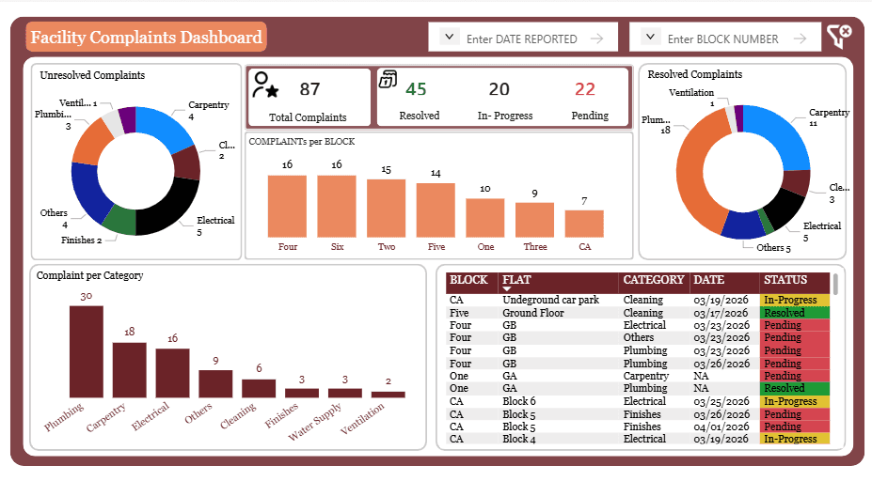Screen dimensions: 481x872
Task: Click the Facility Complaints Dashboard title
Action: pos(146,38)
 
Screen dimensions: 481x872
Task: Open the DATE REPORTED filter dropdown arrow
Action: pos(450,38)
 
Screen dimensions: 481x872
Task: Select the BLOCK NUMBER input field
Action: pos(722,39)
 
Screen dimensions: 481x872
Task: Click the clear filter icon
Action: pos(839,37)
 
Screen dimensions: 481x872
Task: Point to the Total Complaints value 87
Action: pos(309,89)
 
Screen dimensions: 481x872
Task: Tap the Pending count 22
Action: pos(585,89)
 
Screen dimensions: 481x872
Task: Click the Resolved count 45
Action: pos(416,89)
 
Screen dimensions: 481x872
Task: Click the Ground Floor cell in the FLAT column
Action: pos(532,313)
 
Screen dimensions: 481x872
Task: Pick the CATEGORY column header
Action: pos(653,280)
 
